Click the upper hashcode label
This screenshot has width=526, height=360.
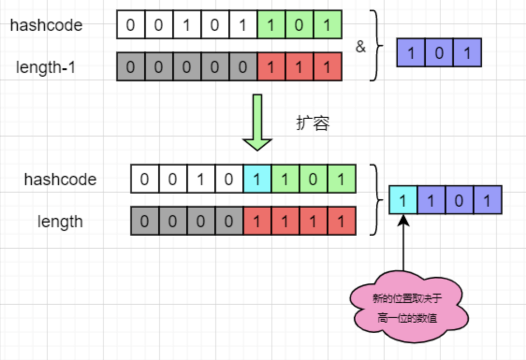(46, 25)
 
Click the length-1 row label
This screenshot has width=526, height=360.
(46, 67)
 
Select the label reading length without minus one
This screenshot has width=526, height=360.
(60, 221)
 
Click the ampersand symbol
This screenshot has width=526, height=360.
(361, 47)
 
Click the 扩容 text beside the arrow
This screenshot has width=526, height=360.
(313, 123)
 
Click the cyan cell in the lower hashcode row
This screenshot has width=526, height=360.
(257, 179)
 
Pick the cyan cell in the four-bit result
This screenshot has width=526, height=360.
(403, 200)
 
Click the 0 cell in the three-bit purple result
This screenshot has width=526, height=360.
(439, 53)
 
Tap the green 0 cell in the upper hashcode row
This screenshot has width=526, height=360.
(299, 25)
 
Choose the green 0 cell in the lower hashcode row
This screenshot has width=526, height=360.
(313, 179)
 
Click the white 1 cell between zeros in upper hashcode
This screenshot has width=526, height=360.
(187, 25)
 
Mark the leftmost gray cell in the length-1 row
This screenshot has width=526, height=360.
(131, 67)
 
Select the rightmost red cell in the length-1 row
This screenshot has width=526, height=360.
(327, 67)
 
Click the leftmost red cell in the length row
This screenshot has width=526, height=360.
(257, 221)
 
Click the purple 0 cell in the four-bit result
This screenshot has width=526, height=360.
(459, 200)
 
